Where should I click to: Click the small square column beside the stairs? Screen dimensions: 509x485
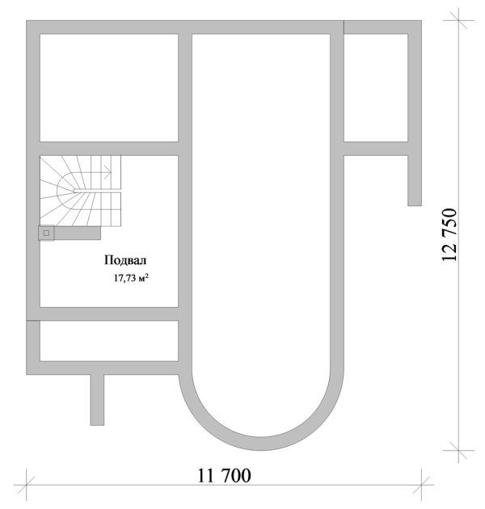coord(46,233)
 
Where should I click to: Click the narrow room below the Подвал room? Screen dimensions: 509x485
coord(108,341)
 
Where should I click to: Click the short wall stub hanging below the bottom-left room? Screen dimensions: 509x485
coord(97,398)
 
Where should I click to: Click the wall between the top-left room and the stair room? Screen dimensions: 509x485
coord(108,148)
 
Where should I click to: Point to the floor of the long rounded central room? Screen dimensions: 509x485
coord(263,202)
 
